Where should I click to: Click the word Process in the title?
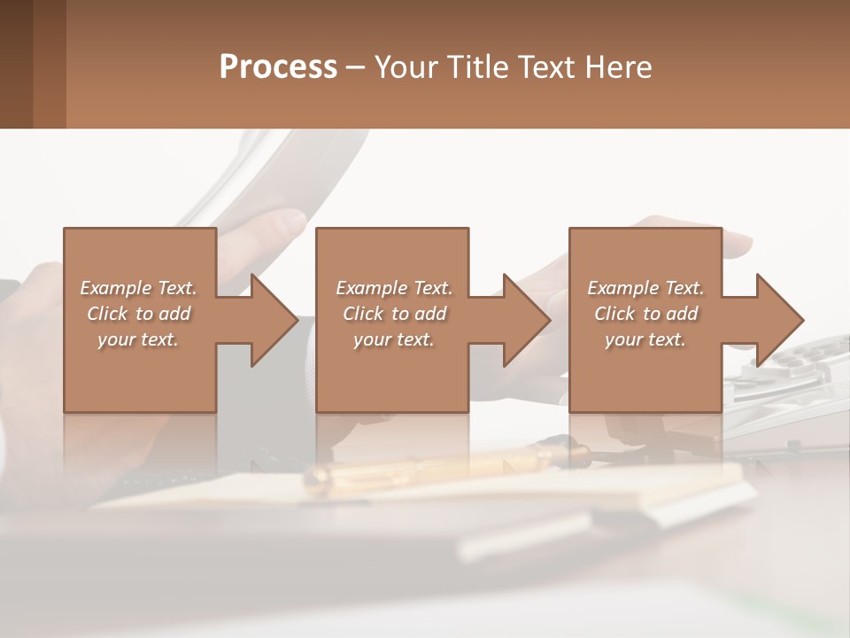(x=278, y=67)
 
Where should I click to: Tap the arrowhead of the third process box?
(x=778, y=320)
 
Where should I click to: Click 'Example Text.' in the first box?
(x=138, y=288)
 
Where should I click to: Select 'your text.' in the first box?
(x=138, y=339)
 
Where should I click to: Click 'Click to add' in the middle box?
(x=394, y=314)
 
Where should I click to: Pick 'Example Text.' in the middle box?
(x=394, y=288)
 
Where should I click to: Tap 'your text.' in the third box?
(x=645, y=339)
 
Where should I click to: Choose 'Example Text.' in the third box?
(x=645, y=288)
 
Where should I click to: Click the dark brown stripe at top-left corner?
(x=16, y=64)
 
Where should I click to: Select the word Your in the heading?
(x=405, y=67)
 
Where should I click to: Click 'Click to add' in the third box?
(x=645, y=314)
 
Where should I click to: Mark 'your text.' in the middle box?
(x=394, y=339)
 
